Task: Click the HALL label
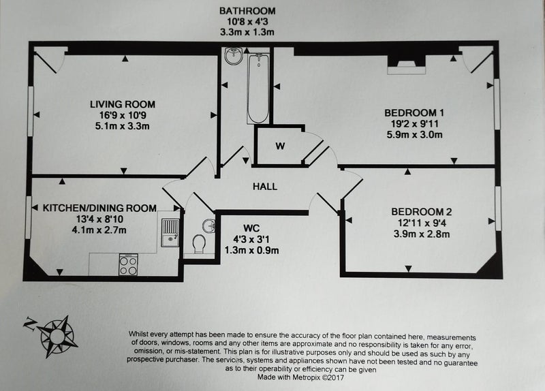pos(265,187)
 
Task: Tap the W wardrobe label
pos(280,146)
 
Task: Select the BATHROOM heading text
pos(247,11)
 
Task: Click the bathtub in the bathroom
pos(258,89)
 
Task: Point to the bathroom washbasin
pos(233,56)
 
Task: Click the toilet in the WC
pos(199,244)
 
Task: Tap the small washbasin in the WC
pos(209,225)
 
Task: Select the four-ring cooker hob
pos(128,265)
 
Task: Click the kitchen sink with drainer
pos(170,232)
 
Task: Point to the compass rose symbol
pos(58,337)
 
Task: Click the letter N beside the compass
pos(29,324)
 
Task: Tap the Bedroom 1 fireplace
pos(406,65)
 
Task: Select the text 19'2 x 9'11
pos(414,124)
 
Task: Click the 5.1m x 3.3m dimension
pos(123,126)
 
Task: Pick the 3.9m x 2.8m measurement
pos(422,234)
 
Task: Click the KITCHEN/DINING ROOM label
pos(99,208)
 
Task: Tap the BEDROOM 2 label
pos(421,212)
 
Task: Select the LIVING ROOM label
pos(123,104)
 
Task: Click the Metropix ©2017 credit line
pos(300,377)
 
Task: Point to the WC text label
pos(251,228)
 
